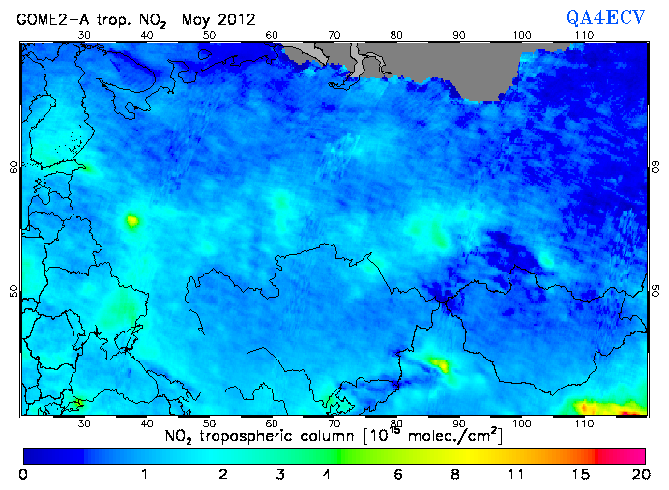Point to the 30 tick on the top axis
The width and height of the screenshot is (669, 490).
pos(84,35)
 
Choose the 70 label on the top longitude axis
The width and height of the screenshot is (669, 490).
pos(334,35)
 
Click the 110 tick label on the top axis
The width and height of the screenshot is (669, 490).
pos(583,35)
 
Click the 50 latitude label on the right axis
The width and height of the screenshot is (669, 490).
pos(654,291)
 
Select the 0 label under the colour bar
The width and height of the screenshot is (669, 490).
pos(23,474)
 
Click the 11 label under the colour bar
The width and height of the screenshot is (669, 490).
pos(519,474)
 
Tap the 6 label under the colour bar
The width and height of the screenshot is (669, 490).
pos(397,474)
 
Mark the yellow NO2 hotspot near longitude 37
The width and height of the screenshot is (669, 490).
pos(131,221)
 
